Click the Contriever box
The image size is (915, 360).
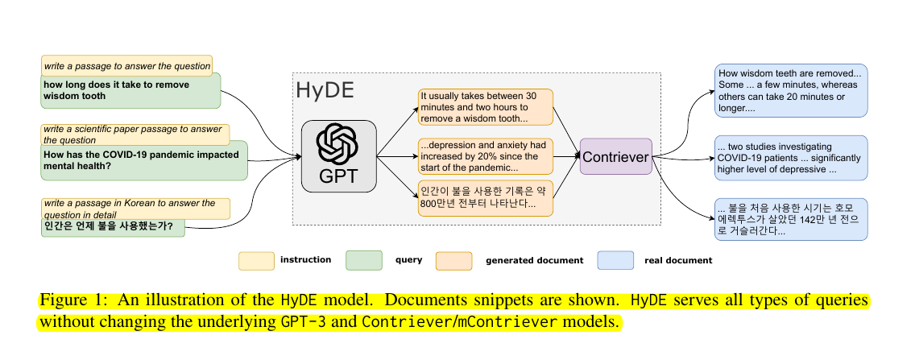coord(615,157)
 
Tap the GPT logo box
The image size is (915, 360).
coord(339,156)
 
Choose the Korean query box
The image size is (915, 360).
coord(114,227)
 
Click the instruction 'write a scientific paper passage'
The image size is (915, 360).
coord(135,134)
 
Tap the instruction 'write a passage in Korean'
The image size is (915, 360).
coord(135,209)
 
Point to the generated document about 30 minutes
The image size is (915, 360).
coord(486,107)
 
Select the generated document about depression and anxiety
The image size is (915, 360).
coord(486,157)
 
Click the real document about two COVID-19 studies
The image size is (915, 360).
coord(790,158)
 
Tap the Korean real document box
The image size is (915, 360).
coord(790,218)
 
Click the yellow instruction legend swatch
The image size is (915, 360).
coord(255,260)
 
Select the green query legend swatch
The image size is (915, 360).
coord(363,260)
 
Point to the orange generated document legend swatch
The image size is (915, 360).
coord(453,260)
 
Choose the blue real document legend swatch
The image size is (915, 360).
coord(615,260)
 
